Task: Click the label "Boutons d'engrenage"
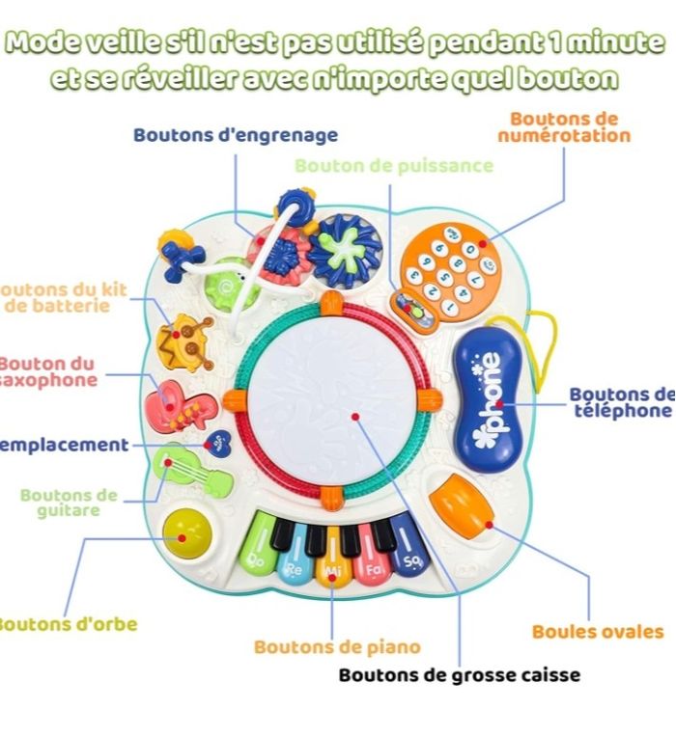point(236,135)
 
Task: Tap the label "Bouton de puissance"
point(394,166)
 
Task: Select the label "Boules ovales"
point(598,632)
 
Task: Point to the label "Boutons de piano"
point(337,647)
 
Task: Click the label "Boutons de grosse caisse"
point(459,674)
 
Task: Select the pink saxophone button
point(180,405)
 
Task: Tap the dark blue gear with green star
point(345,248)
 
